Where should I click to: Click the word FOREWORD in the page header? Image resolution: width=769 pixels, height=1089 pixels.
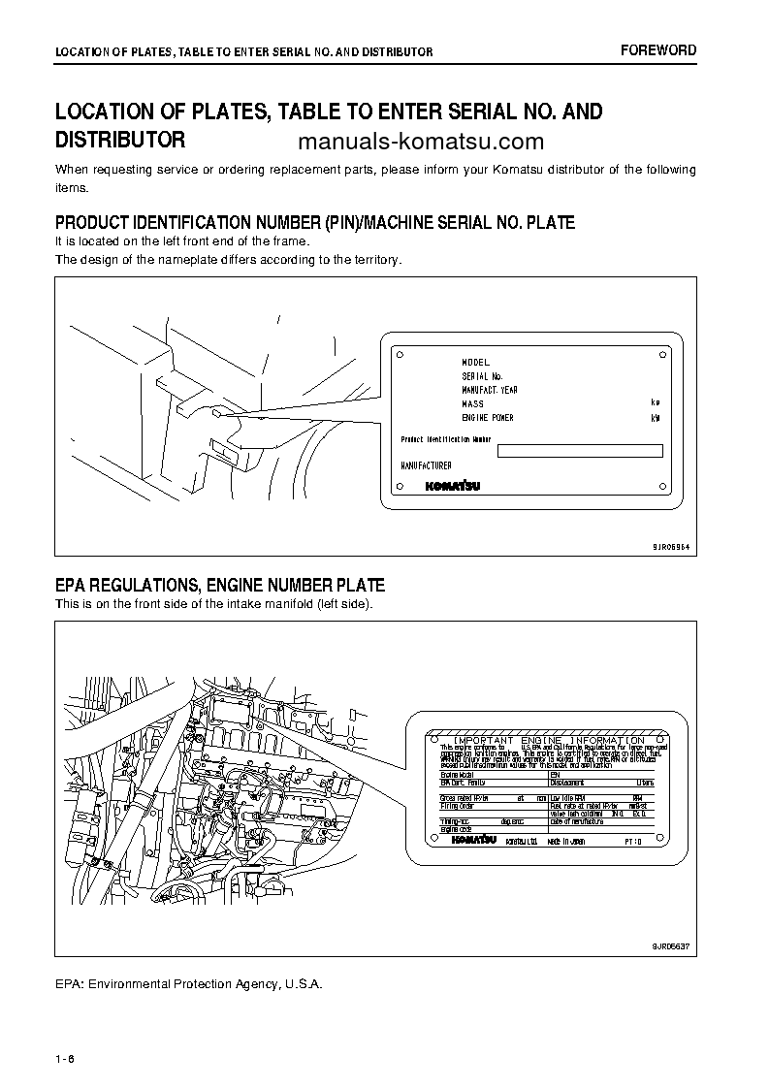pos(658,50)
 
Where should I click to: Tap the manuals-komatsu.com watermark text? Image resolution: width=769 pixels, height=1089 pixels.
pos(421,142)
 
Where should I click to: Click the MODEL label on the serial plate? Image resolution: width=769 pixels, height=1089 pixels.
pos(475,363)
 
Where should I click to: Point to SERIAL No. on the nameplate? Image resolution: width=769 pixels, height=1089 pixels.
pos(482,376)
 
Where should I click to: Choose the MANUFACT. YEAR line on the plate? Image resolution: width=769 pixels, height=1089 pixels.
pos(490,390)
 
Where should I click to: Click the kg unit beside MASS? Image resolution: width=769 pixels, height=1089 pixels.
pos(656,402)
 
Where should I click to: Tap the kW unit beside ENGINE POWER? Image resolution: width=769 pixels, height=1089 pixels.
pos(656,418)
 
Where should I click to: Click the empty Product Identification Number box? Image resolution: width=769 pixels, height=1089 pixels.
pos(579,450)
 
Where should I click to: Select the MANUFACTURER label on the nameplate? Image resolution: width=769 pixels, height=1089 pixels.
pos(427,466)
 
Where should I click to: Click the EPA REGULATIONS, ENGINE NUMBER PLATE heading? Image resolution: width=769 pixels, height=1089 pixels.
pos(220,585)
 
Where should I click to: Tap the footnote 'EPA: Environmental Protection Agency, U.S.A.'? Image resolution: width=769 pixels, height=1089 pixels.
pos(188,983)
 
